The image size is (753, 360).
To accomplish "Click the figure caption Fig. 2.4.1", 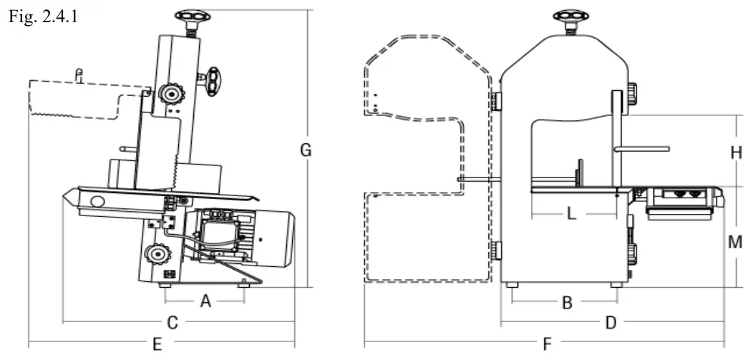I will (x=42, y=16).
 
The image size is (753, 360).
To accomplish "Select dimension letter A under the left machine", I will (x=205, y=302).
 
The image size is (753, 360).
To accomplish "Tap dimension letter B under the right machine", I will (x=566, y=303).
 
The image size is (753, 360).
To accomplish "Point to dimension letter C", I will (x=172, y=323).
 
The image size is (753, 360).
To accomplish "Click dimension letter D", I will (x=611, y=323).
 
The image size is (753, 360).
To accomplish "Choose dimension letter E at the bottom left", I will (x=157, y=344).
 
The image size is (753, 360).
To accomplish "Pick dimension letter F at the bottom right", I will (x=547, y=344).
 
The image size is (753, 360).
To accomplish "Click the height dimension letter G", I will (x=306, y=150).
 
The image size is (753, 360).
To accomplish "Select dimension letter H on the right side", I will (x=735, y=152).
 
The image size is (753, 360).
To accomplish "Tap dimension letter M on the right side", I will (x=735, y=242).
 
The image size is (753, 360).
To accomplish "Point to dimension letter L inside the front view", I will (x=570, y=213).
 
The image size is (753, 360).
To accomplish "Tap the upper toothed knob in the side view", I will (x=170, y=92).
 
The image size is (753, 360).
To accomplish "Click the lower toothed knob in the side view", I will (x=157, y=253).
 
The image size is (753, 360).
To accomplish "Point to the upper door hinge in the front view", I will (x=495, y=102).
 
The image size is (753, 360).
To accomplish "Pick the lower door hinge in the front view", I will (x=495, y=251).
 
